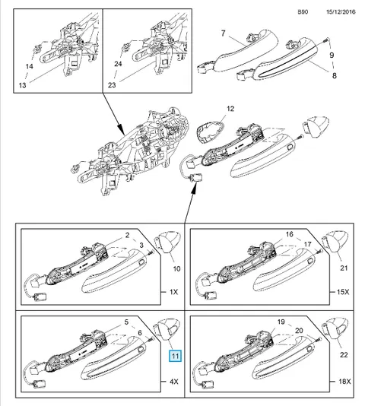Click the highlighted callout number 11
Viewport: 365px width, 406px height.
tap(175, 356)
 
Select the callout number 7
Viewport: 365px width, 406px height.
tap(224, 33)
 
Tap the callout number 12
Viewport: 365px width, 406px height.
tap(230, 109)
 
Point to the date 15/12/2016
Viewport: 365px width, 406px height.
tap(341, 12)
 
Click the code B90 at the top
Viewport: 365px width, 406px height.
tap(303, 12)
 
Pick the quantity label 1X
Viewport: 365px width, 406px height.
tap(174, 292)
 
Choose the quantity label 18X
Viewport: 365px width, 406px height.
tap(344, 382)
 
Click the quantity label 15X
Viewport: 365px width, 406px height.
tap(343, 292)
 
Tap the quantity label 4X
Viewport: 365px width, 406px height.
tap(174, 382)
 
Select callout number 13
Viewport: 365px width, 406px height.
tap(23, 85)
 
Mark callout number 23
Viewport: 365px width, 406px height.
tap(112, 85)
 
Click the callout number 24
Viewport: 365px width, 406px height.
tap(118, 63)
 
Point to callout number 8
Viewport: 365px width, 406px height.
tap(334, 75)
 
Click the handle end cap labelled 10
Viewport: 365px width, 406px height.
tap(167, 241)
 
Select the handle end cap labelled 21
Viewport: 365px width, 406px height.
tap(335, 241)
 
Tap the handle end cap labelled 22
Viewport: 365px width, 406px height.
tap(335, 328)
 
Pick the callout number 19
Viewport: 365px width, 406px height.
tap(281, 322)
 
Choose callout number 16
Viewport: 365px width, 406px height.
tap(290, 234)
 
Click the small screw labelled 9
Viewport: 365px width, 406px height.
tap(325, 40)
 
